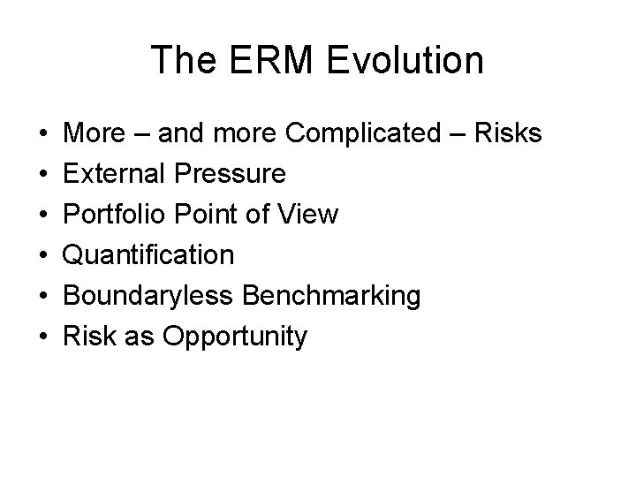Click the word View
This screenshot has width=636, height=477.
pos(308,215)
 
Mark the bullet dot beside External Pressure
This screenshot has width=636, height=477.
pos(43,175)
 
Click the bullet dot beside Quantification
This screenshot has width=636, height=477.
pos(43,256)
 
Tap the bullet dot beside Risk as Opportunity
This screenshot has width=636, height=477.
pos(43,337)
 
